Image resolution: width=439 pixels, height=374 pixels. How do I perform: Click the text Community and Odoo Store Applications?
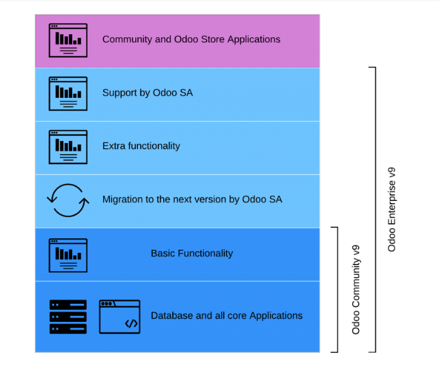pyautogui.click(x=191, y=39)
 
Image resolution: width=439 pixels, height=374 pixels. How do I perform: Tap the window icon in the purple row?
pyautogui.click(x=68, y=40)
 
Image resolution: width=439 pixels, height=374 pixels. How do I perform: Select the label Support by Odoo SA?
pyautogui.click(x=147, y=93)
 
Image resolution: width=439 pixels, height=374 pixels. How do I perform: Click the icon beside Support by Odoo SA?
pyautogui.click(x=68, y=93)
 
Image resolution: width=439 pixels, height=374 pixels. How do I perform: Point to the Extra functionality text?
pyautogui.click(x=141, y=146)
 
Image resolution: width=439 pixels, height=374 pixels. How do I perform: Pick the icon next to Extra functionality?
pyautogui.click(x=68, y=147)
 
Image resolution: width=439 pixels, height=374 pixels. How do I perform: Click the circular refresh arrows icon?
pyautogui.click(x=67, y=200)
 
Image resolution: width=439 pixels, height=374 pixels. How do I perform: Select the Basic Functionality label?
pyautogui.click(x=191, y=254)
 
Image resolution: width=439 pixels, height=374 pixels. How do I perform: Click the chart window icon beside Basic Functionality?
pyautogui.click(x=68, y=255)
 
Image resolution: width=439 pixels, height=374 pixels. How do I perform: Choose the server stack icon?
pyautogui.click(x=68, y=316)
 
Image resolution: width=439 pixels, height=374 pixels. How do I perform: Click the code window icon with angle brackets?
pyautogui.click(x=119, y=317)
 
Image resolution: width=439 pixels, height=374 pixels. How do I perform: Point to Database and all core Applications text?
pyautogui.click(x=226, y=316)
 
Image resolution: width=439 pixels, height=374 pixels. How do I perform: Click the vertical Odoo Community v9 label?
pyautogui.click(x=356, y=289)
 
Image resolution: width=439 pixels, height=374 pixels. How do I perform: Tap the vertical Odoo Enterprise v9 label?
pyautogui.click(x=392, y=209)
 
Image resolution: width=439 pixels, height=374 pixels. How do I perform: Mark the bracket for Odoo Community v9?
pyautogui.click(x=335, y=290)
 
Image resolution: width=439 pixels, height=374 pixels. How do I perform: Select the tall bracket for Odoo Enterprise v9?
pyautogui.click(x=373, y=209)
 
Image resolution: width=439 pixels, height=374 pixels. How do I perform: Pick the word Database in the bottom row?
pyautogui.click(x=172, y=316)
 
